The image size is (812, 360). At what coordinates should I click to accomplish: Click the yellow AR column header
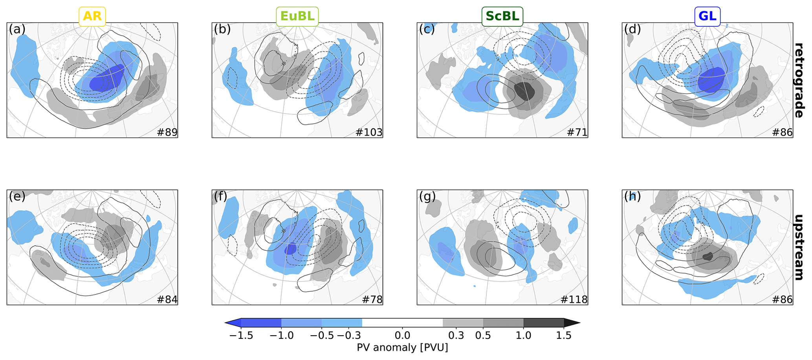coord(92,17)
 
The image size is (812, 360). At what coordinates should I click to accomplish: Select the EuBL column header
coord(297,17)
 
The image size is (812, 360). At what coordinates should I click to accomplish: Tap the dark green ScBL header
coord(502,17)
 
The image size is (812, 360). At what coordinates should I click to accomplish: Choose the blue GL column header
coord(707,17)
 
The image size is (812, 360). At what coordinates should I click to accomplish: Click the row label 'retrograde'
coord(799,80)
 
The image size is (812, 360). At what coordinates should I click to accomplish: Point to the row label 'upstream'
coord(799,247)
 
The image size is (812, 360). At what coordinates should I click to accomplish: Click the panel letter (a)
coord(17,29)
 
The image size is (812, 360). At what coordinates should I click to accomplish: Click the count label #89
coord(167,132)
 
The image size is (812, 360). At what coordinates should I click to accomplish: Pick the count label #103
coord(368,132)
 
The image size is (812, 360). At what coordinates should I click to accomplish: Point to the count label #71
coord(577,132)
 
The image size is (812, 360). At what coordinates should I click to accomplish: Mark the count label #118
coord(574,299)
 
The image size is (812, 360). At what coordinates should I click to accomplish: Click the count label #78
coord(372,299)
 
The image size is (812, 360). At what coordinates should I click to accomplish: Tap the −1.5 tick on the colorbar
coord(241,335)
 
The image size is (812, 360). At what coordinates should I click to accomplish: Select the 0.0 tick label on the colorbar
coord(402,335)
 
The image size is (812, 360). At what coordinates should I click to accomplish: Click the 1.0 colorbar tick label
coord(523,335)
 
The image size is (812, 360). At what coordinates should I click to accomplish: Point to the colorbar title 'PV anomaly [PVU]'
coord(402,347)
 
